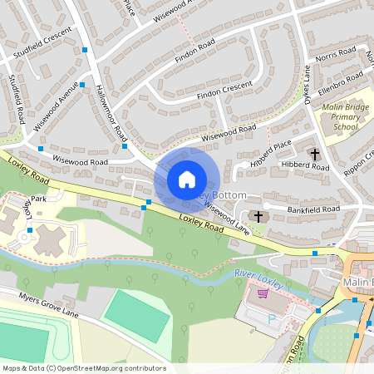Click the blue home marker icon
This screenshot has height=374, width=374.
pyautogui.click(x=187, y=179)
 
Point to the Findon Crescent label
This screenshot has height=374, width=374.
pyautogui.click(x=224, y=91)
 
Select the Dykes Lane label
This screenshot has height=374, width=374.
pyautogui.click(x=306, y=83)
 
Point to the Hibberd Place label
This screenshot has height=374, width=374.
pyautogui.click(x=274, y=150)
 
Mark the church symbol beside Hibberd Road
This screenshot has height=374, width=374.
pyautogui.click(x=314, y=154)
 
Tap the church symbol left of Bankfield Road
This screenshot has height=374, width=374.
pyautogui.click(x=258, y=216)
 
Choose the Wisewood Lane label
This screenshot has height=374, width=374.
pyautogui.click(x=227, y=218)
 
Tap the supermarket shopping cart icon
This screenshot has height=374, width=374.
pyautogui.click(x=263, y=293)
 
